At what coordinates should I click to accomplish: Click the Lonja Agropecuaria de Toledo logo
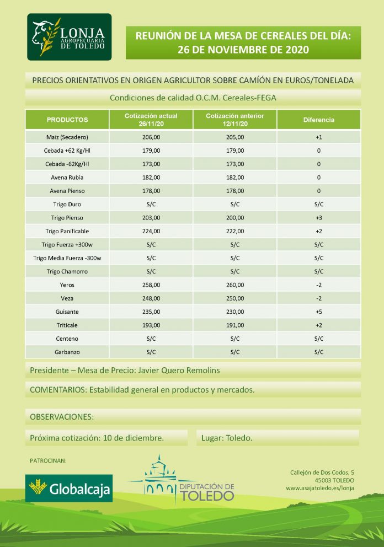pyautogui.click(x=70, y=37)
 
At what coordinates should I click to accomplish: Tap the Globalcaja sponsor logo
pyautogui.click(x=70, y=488)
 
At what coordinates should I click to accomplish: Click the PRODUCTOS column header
pyautogui.click(x=67, y=120)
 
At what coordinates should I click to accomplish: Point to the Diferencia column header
pyautogui.click(x=318, y=120)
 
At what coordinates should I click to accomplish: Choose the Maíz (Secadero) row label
pyautogui.click(x=67, y=137)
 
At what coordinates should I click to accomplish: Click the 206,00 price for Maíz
pyautogui.click(x=151, y=137)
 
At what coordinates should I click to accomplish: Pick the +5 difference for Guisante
pyautogui.click(x=318, y=312)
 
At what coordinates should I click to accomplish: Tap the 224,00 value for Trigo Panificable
pyautogui.click(x=151, y=231)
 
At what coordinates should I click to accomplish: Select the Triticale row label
pyautogui.click(x=67, y=325)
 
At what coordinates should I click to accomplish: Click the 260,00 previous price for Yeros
pyautogui.click(x=235, y=285)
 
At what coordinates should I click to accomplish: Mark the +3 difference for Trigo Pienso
pyautogui.click(x=318, y=218)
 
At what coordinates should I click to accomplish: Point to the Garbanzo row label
pyautogui.click(x=67, y=352)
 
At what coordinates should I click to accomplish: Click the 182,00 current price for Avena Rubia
pyautogui.click(x=151, y=177)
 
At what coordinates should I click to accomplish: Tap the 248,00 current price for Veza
pyautogui.click(x=151, y=298)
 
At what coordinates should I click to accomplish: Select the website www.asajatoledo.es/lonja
pyautogui.click(x=320, y=489)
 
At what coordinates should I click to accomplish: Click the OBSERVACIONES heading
pyautogui.click(x=62, y=416)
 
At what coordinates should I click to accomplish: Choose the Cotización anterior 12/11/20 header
pyautogui.click(x=235, y=120)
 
